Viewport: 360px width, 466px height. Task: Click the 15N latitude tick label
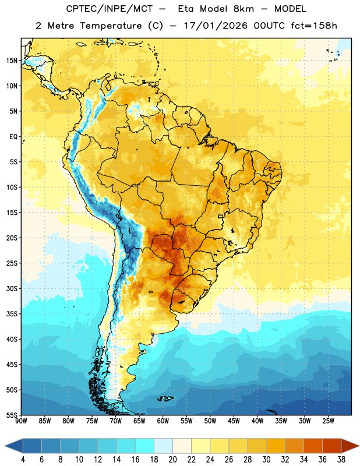[x=12, y=61]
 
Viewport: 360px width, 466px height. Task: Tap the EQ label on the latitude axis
[x=13, y=137]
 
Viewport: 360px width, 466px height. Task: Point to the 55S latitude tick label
[x=12, y=415]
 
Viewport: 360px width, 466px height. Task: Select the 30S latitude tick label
[x=12, y=288]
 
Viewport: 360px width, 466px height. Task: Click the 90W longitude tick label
[x=21, y=421]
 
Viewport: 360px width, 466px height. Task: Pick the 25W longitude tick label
[x=328, y=421]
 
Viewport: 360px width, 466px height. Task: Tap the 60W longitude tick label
[x=163, y=421]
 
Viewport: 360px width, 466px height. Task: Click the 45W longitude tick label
[x=234, y=421]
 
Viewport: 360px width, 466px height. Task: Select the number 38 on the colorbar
[x=341, y=460]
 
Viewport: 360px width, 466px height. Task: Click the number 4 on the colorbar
[x=23, y=460]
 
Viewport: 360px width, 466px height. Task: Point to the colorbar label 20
[x=172, y=460]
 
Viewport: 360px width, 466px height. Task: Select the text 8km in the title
[x=243, y=9]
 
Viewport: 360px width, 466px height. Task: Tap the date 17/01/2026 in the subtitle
[x=216, y=26]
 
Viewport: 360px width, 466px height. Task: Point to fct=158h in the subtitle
[x=314, y=26]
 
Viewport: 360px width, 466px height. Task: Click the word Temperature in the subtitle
[x=111, y=26]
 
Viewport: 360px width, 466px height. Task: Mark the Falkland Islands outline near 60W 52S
[x=165, y=398]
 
